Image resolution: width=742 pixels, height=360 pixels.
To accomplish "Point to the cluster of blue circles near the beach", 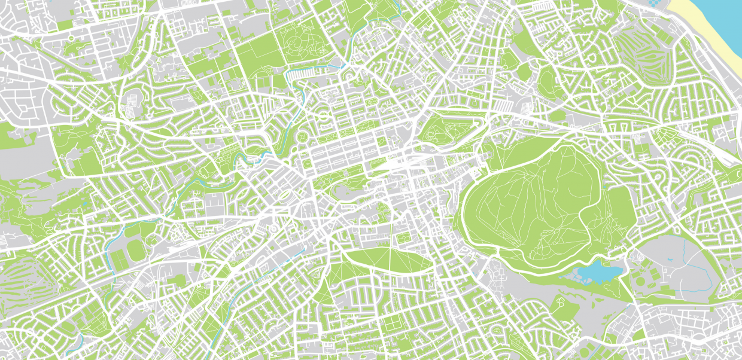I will tap(657, 4).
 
